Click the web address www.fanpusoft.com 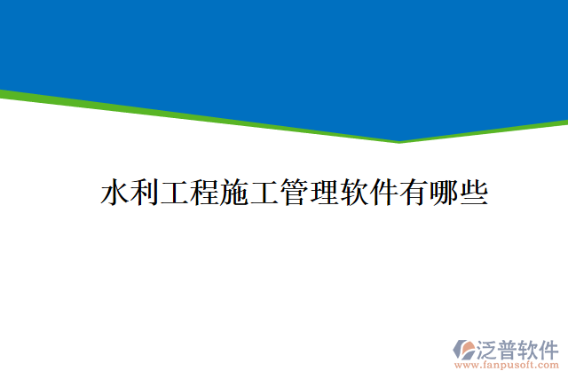click(x=507, y=365)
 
